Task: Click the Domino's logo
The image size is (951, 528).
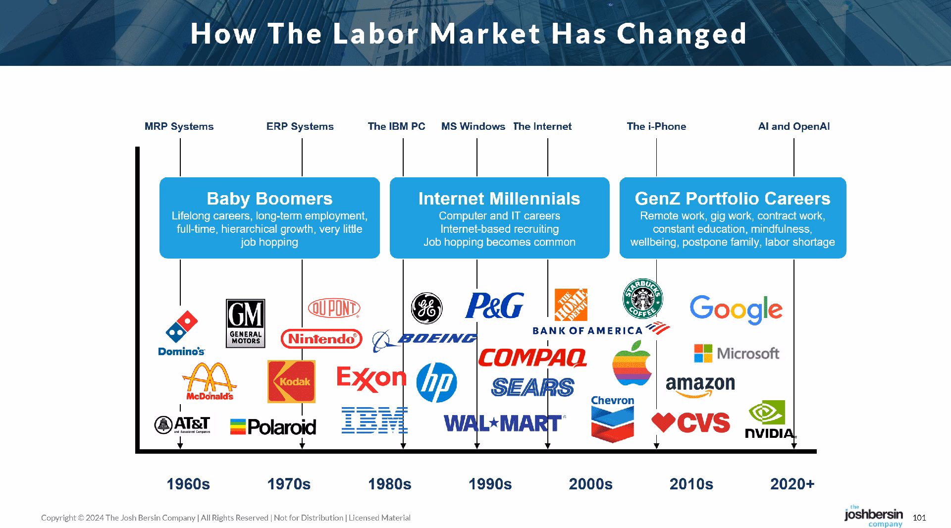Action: [182, 333]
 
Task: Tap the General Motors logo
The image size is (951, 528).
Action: [246, 323]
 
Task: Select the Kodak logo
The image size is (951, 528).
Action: [291, 381]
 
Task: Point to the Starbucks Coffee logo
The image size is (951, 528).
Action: [642, 298]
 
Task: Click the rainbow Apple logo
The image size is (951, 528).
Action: [632, 363]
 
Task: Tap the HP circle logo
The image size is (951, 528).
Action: [436, 382]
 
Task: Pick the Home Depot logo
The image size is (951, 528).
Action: [571, 305]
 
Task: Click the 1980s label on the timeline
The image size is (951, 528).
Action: [389, 484]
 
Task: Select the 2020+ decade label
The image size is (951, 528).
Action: [792, 484]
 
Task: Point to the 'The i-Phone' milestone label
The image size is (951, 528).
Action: [656, 126]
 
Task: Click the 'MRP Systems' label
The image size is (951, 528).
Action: [179, 126]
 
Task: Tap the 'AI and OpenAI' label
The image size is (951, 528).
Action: [793, 126]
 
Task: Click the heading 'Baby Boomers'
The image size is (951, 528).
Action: [269, 199]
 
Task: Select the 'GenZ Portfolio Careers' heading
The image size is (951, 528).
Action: [733, 199]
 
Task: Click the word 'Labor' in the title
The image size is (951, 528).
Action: [376, 34]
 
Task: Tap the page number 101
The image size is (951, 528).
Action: [919, 518]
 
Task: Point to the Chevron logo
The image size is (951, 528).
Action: [613, 419]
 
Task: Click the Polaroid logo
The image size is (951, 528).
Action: [273, 426]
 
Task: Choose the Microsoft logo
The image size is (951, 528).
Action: [737, 353]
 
